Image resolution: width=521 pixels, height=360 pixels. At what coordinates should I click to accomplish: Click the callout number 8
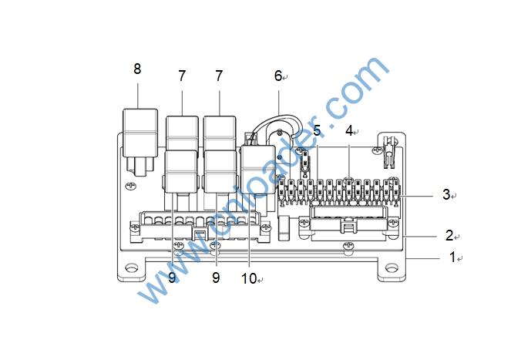tap(137, 69)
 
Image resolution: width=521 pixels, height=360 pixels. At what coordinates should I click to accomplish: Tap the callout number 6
tap(278, 76)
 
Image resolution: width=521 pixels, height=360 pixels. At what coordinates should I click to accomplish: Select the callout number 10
tap(249, 278)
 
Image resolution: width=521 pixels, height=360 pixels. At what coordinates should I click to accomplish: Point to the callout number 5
tap(317, 130)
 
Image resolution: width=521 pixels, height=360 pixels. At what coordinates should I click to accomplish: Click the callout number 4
tap(349, 131)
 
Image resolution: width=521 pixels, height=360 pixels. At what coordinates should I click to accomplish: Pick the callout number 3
tap(446, 194)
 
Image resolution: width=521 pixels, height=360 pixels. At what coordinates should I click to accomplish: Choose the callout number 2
tap(449, 235)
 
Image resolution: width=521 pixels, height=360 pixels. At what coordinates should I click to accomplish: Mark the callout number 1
tap(452, 257)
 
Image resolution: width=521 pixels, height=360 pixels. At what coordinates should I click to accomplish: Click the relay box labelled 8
tap(140, 133)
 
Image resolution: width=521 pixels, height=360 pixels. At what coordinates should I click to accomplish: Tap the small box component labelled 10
tap(258, 170)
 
